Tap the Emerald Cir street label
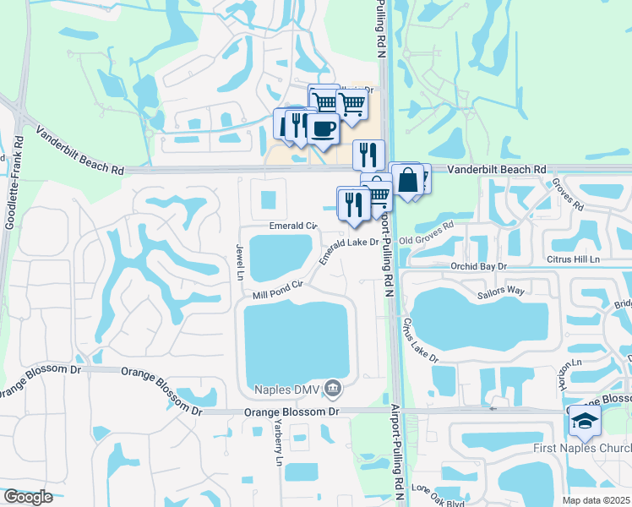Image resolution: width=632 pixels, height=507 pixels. coord(292,226)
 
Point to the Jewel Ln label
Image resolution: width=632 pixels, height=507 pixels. coord(239,260)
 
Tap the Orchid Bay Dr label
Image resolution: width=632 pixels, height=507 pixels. coord(478,265)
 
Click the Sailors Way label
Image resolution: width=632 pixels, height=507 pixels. coord(501,292)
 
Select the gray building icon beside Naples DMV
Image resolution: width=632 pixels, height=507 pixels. coord(334,389)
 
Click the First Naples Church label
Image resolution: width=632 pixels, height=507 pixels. coord(582,448)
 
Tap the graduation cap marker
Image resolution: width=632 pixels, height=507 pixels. coord(585,421)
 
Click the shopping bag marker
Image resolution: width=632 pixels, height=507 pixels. coord(407,179)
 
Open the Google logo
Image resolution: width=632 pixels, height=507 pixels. coord(28,497)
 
